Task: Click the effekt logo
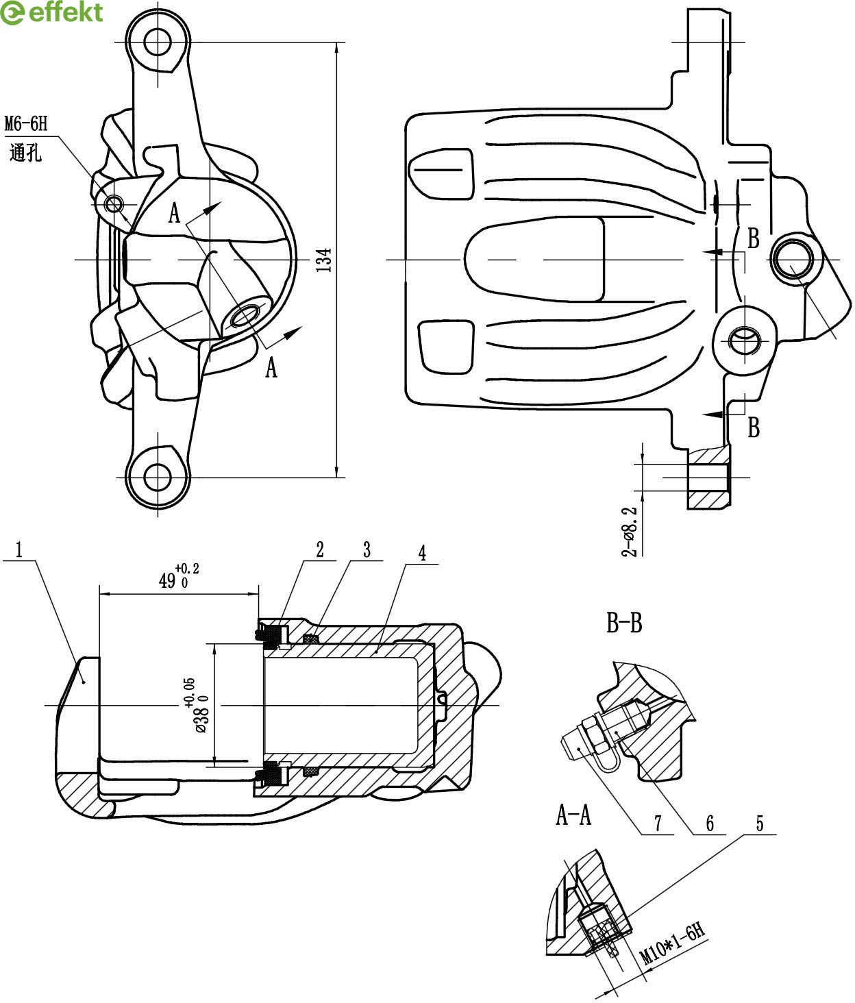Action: (x=51, y=12)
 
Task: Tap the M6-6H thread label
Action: (x=26, y=124)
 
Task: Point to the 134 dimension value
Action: (x=323, y=260)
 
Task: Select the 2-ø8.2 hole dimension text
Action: (x=629, y=532)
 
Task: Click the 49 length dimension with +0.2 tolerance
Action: (x=179, y=576)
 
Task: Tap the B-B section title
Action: (x=625, y=623)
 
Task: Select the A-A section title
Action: (x=573, y=815)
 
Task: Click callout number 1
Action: (x=19, y=549)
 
